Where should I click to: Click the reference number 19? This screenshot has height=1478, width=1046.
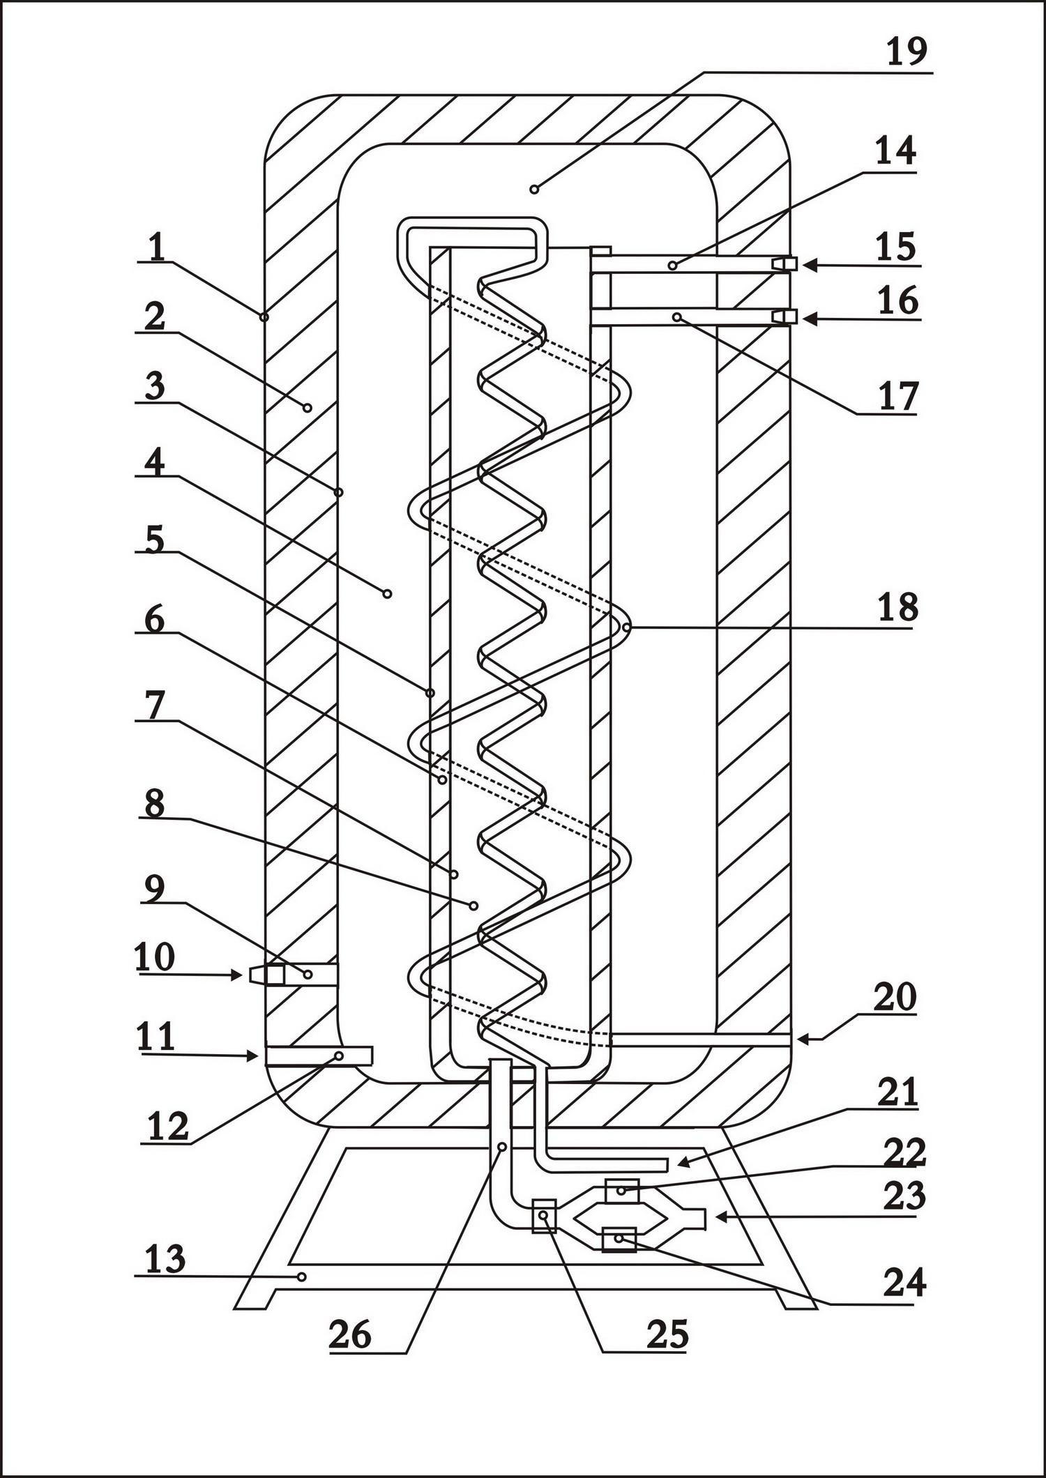point(907,52)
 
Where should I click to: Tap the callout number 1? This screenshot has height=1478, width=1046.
point(157,247)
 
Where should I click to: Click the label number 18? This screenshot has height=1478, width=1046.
point(897,607)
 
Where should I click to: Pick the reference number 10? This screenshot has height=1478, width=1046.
point(155,957)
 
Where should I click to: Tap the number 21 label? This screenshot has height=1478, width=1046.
point(897,1092)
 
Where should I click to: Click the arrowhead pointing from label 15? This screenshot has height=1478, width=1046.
point(810,265)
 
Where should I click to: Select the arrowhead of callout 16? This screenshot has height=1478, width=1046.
point(810,319)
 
